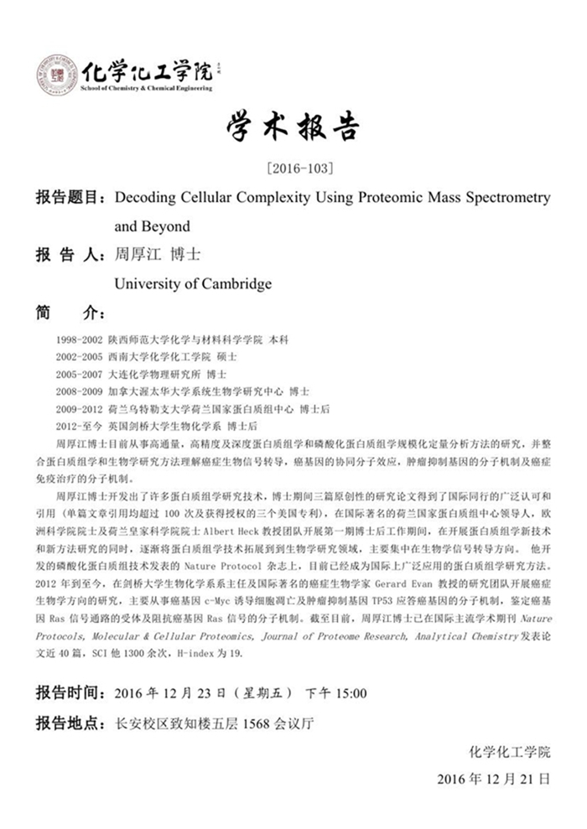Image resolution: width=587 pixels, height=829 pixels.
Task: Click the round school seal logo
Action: coord(56,75)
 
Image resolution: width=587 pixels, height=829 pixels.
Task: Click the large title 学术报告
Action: coord(293,128)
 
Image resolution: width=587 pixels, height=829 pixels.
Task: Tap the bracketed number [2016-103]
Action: coord(293,168)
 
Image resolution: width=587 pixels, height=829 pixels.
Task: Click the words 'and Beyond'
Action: coord(152,225)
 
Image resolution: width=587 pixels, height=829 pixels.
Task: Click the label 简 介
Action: coord(67,313)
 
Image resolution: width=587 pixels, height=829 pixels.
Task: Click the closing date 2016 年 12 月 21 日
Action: coord(493,779)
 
